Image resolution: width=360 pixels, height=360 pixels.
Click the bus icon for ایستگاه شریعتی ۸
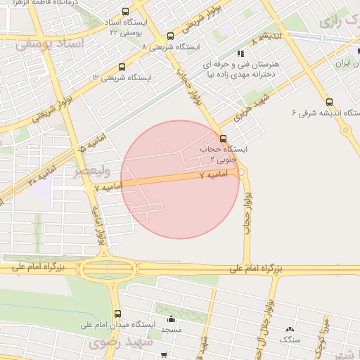170,37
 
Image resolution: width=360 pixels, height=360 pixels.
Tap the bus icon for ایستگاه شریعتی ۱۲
122,67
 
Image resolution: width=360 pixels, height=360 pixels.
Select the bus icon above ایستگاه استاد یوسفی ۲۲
125,12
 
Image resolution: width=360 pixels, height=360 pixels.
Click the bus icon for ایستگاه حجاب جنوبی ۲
224,139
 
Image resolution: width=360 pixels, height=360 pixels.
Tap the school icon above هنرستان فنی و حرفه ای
240,53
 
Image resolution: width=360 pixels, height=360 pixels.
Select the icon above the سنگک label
289,329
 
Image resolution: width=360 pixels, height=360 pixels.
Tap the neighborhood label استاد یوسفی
49,44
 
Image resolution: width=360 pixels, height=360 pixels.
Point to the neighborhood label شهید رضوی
115,342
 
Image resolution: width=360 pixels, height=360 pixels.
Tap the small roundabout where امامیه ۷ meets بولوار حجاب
242,171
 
